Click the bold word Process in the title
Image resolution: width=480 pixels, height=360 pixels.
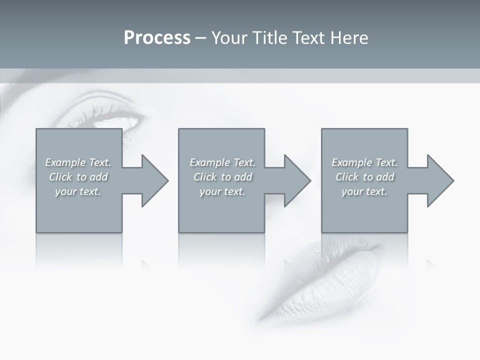click(157, 38)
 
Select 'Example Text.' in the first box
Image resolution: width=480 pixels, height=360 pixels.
click(78, 162)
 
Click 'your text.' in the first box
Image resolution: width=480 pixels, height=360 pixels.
click(78, 191)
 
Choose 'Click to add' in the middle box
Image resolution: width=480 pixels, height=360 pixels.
click(222, 177)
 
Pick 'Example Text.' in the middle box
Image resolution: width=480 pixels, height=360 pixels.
click(222, 162)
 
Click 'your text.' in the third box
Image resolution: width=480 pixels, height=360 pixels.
click(364, 191)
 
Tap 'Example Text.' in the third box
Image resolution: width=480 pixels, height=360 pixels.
click(364, 162)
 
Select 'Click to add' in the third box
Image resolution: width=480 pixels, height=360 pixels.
click(364, 177)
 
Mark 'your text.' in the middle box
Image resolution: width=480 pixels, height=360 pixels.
click(222, 191)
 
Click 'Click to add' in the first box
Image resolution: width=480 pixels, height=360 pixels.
click(78, 177)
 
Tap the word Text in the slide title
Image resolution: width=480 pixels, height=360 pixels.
click(309, 38)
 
